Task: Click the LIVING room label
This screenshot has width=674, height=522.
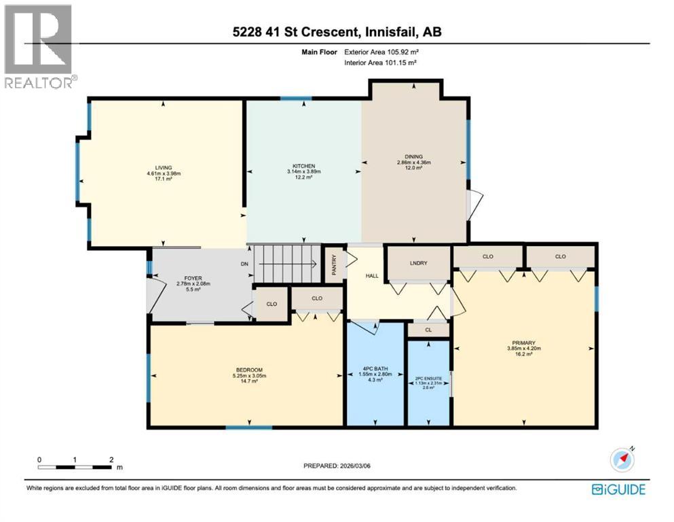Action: pos(163,167)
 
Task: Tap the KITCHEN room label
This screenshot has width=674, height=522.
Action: pos(303,166)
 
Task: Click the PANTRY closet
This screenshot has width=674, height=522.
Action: pos(334,264)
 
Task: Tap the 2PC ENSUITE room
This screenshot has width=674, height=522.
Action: pos(428,381)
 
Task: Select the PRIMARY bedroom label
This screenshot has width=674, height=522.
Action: pos(525,343)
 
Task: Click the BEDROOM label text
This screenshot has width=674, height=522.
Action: pos(245,370)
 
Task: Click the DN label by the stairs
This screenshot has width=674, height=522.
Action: pos(245,264)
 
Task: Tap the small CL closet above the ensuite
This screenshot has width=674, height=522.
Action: pos(428,330)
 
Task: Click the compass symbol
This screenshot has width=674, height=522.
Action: pos(622,459)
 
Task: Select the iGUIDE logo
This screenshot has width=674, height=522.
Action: pos(618,489)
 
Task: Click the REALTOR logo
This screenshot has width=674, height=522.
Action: pos(39,47)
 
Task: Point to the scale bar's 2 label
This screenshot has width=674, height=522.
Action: pos(111,459)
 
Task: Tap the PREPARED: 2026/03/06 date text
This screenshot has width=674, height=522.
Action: pos(337,466)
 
